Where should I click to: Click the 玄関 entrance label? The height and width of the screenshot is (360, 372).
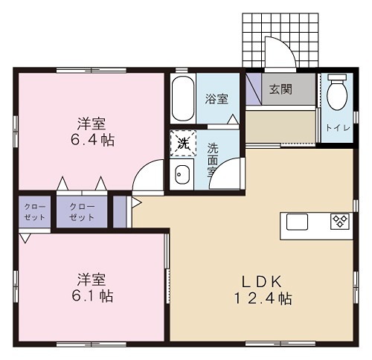coord(280,90)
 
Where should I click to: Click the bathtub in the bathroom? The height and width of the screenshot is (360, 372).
coord(181,97)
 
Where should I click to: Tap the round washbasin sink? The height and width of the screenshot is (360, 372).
coord(181,176)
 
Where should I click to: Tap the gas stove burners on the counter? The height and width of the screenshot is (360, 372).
coord(339,221)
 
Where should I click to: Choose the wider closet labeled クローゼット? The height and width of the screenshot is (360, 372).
coord(82,212)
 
